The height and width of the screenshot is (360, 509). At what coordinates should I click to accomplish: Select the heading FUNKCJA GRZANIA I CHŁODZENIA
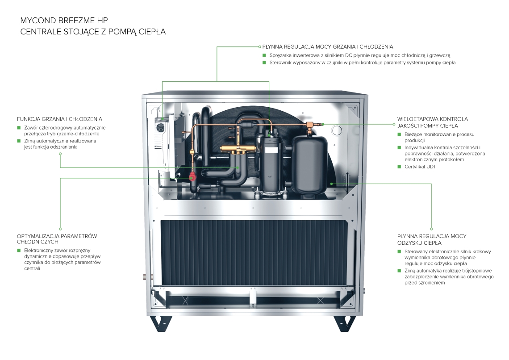pyautogui.click(x=59, y=119)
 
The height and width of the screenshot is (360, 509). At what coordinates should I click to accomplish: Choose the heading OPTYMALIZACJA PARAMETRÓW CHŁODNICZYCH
pyautogui.click(x=57, y=239)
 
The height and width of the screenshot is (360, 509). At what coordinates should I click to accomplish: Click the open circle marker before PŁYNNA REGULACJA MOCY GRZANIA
pyautogui.click(x=259, y=46)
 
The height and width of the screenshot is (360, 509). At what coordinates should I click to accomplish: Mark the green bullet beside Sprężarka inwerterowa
pyautogui.click(x=265, y=55)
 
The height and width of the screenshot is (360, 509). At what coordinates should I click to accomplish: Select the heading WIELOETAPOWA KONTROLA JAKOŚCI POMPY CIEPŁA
pyautogui.click(x=432, y=122)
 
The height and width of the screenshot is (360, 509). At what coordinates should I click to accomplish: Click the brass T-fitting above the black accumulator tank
pyautogui.click(x=311, y=125)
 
